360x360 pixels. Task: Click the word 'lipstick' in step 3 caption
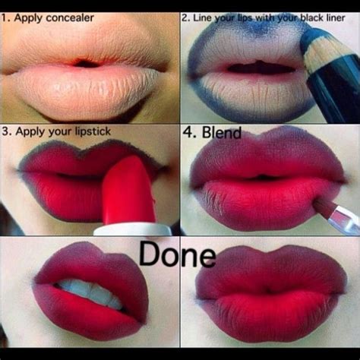point(88,132)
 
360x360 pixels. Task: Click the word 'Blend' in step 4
point(222,134)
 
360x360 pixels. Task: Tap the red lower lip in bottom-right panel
point(270,319)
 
